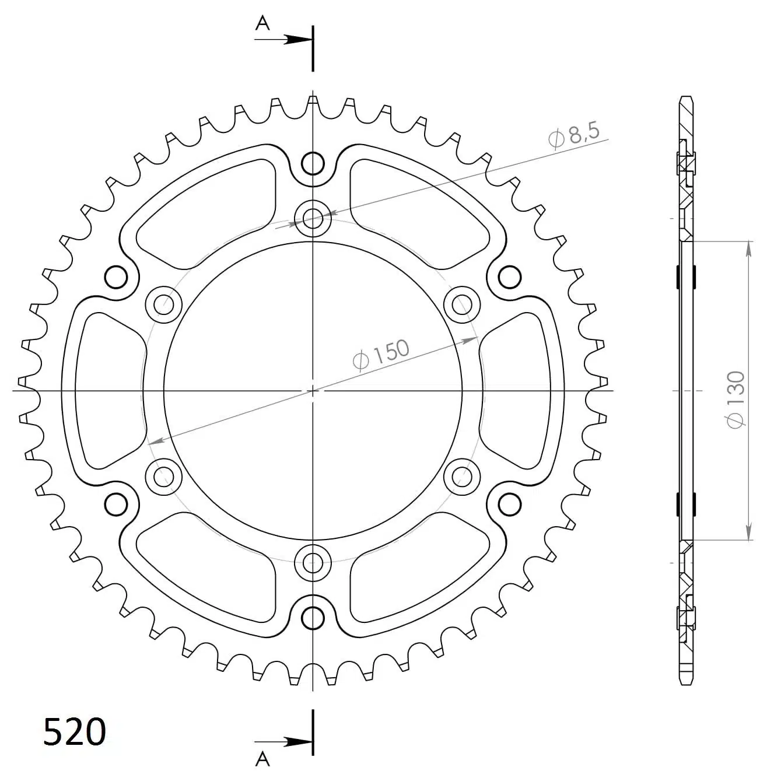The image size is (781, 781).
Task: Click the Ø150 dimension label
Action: tap(381, 353)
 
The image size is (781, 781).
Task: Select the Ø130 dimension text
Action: tap(736, 398)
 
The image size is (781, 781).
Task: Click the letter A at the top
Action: tap(264, 23)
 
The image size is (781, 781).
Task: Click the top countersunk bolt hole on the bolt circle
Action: tap(313, 219)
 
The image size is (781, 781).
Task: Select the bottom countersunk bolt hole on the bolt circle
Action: tap(313, 562)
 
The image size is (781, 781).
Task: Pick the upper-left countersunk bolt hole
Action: tap(164, 304)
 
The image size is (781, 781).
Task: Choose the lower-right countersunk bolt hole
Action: tap(462, 477)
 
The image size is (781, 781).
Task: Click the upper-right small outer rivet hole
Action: tap(509, 276)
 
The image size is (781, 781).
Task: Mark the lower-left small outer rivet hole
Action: tap(117, 503)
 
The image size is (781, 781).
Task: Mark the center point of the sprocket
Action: tap(313, 390)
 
